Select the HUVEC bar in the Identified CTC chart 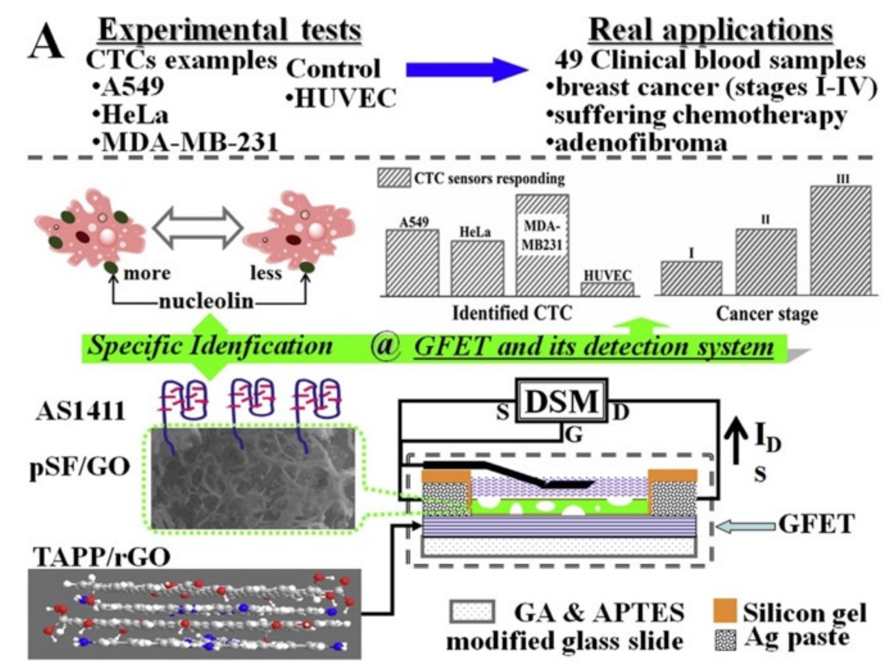608,289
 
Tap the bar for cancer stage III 841,241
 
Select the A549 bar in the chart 412,262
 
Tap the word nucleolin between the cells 206,302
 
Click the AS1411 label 80,412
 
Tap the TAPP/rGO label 101,557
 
